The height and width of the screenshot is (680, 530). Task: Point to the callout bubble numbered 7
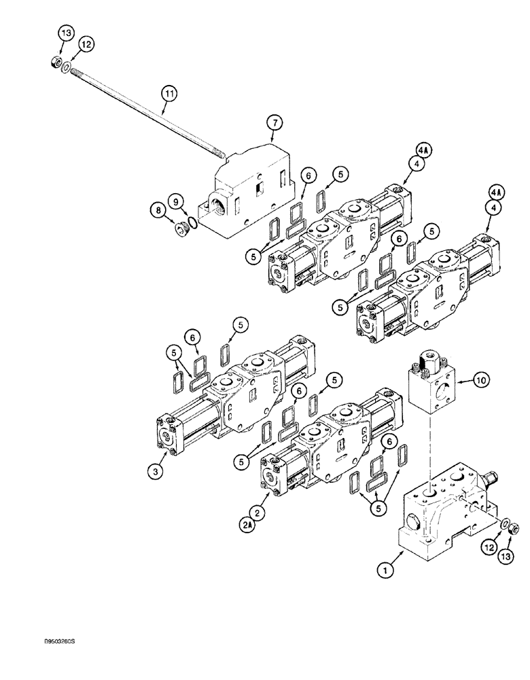275,122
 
